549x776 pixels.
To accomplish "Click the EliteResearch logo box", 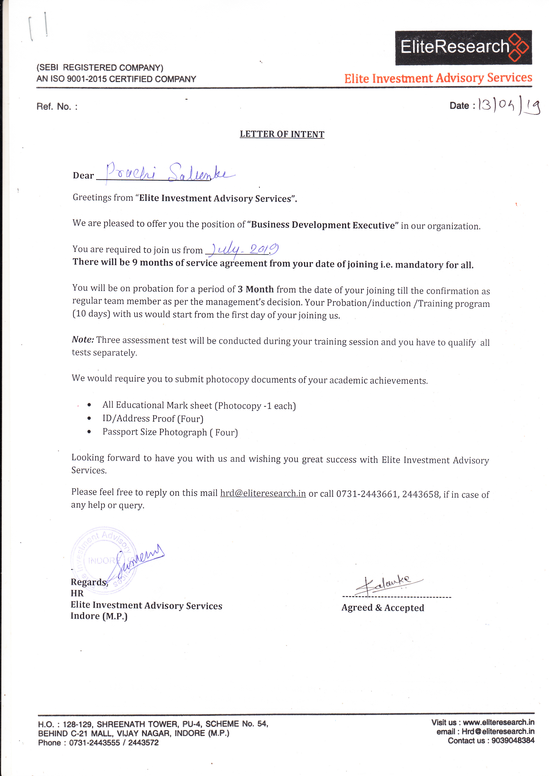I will tap(463, 47).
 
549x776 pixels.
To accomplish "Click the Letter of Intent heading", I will tap(282, 134).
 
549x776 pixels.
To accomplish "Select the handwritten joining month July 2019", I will tap(243, 249).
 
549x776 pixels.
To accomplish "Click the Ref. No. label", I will tap(57, 107).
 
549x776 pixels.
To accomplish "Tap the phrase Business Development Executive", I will tap(323, 225).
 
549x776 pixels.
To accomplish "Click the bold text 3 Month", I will tap(255, 289).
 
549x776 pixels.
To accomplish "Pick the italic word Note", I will tap(83, 340).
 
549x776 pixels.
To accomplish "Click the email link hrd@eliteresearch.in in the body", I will tap(263, 493).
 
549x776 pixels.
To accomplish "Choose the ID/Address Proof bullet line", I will tap(153, 419).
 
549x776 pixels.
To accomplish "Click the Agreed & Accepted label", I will tap(383, 608).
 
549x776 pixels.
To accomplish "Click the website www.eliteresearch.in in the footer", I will tap(498, 722).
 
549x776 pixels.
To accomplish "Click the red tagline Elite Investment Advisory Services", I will tap(438, 78).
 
